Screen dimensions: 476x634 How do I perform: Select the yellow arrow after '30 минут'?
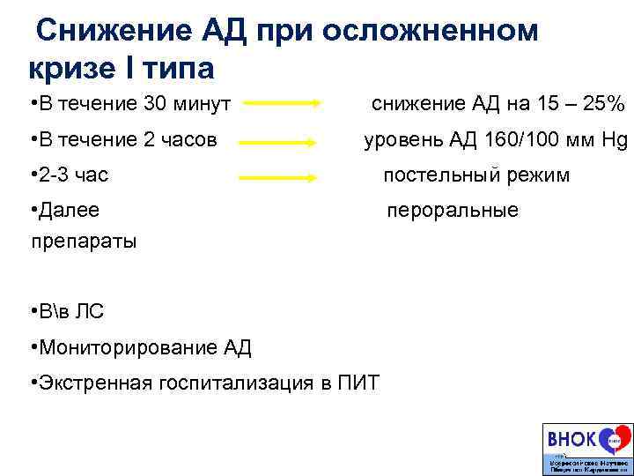(x=283, y=103)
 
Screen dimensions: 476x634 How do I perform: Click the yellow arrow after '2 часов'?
(x=278, y=141)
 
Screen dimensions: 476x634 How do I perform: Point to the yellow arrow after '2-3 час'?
(x=278, y=176)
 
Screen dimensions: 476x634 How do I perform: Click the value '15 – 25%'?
(x=577, y=104)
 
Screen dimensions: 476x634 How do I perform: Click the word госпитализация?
(x=242, y=383)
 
